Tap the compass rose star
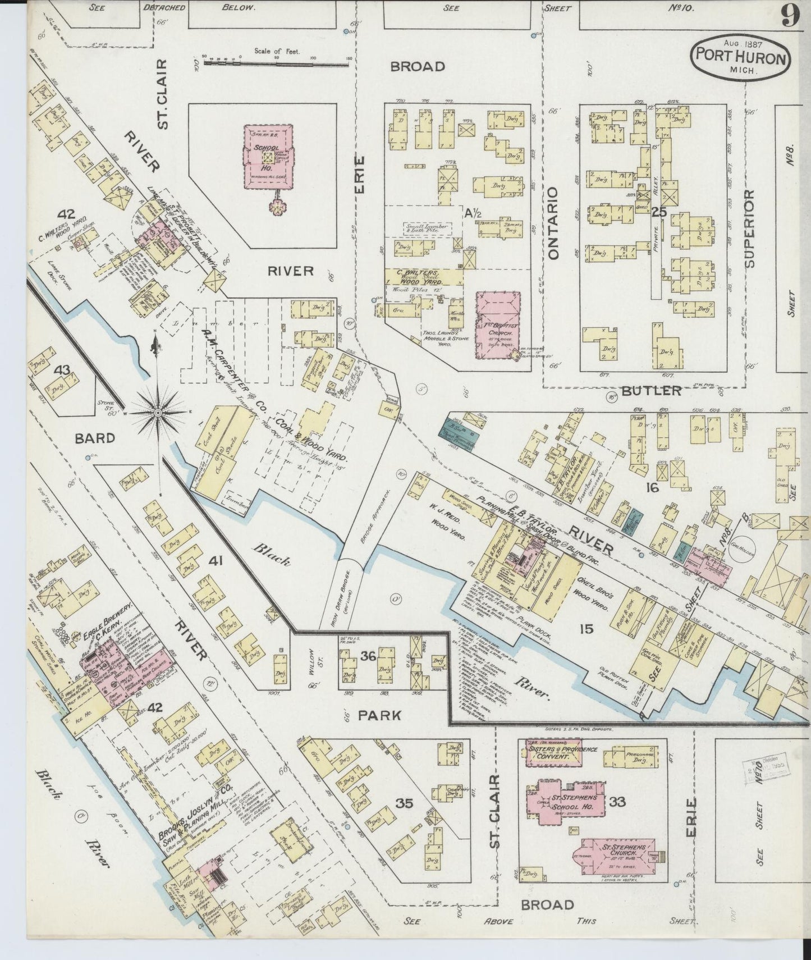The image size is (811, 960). click(x=158, y=413)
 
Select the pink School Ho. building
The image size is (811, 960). click(x=269, y=157)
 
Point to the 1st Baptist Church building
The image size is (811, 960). click(x=497, y=326)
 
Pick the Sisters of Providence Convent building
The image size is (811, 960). click(x=553, y=753)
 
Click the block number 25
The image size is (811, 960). click(x=659, y=212)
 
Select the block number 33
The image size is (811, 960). click(x=617, y=801)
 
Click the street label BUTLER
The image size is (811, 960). click(x=651, y=391)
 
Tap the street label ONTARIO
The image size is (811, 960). click(x=555, y=223)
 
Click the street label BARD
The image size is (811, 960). click(x=95, y=438)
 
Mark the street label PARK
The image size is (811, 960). click(x=380, y=715)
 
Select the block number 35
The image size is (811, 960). click(x=404, y=803)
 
